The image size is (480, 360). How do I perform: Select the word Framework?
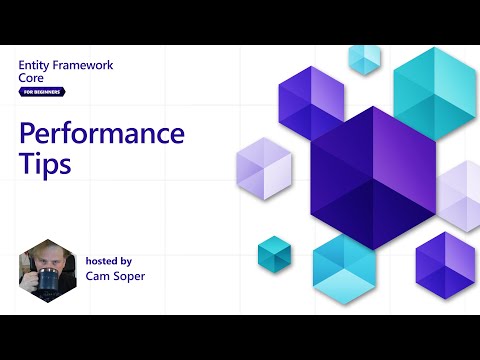coord(84,65)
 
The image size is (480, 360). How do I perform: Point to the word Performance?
coord(103,134)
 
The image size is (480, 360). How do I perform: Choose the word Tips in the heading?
coord(45,164)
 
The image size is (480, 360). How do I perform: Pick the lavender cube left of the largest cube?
coord(263,164)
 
